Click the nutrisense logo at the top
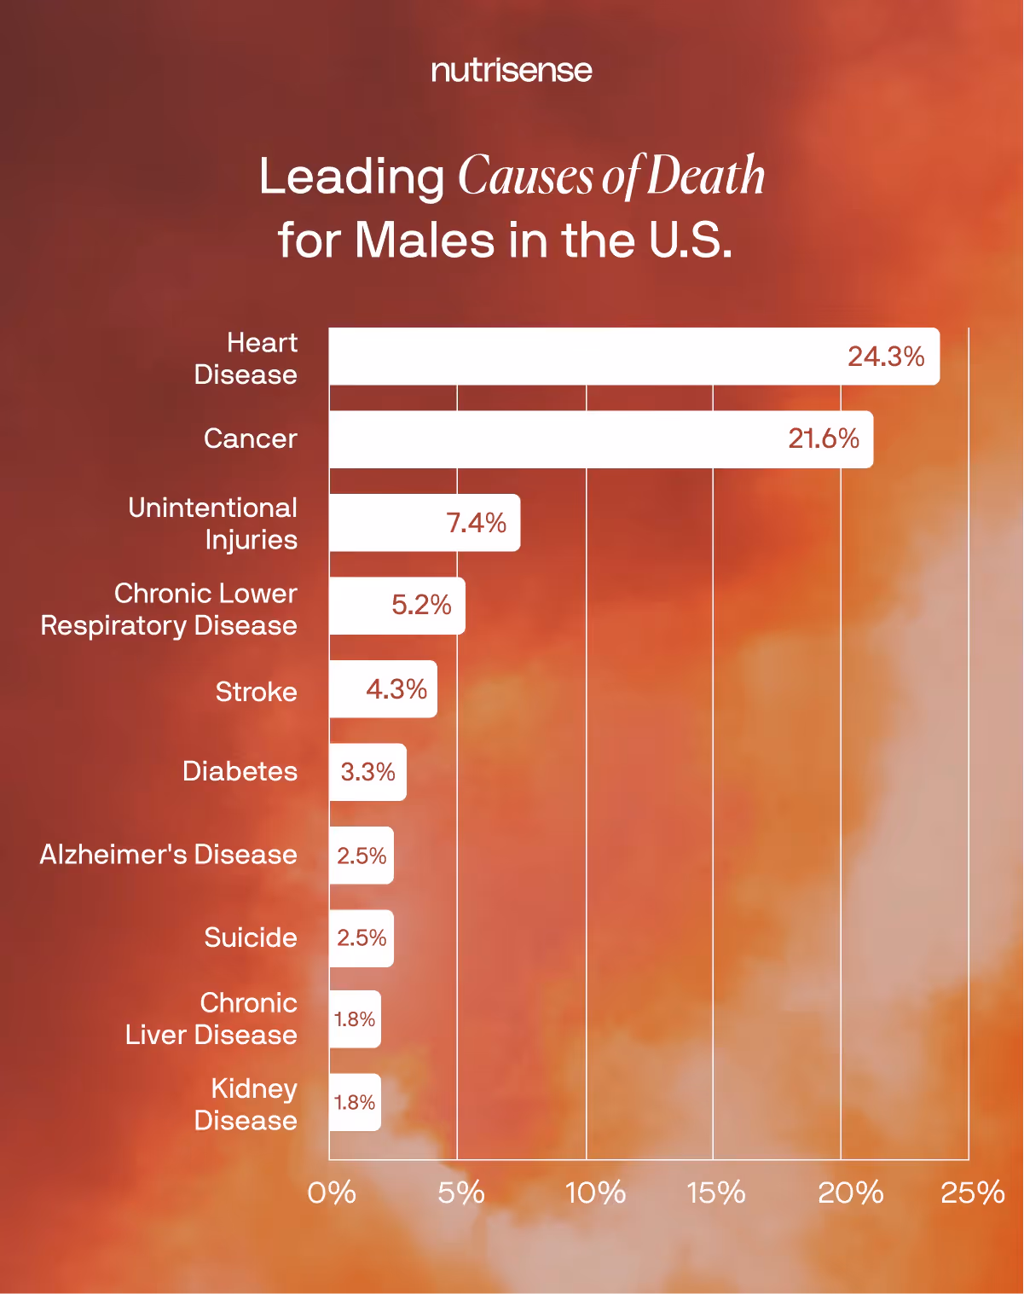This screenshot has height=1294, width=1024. pos(512,70)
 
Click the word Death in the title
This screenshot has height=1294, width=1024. pos(706,176)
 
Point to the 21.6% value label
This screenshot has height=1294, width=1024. pos(824,438)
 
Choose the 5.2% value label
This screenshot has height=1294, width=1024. pos(421,606)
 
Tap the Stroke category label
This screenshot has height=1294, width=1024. pos(256,691)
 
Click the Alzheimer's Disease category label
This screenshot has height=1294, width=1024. pos(169,855)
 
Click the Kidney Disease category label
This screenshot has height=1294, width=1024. pos(246,1104)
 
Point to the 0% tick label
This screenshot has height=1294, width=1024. pos(332,1192)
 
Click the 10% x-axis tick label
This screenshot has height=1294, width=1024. pos(595,1192)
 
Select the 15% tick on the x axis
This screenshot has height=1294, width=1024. pos(716,1192)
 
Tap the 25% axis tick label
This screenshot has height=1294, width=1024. pos(972,1192)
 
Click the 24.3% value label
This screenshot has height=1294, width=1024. pos(886,357)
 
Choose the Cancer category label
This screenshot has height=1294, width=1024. pos(251,438)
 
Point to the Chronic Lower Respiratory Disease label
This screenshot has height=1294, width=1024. pos(169,609)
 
